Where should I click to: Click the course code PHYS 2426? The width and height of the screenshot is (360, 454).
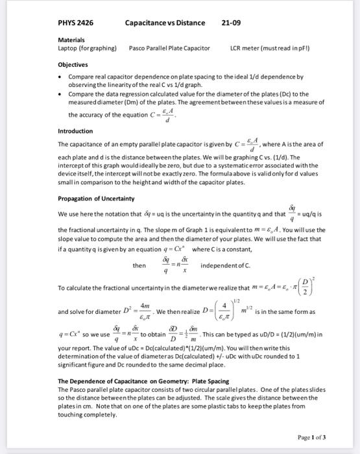click(x=75, y=23)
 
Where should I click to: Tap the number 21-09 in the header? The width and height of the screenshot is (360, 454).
click(x=231, y=23)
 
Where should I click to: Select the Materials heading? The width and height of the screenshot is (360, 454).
click(x=71, y=40)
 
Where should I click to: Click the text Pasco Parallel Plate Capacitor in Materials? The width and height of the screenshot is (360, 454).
click(x=169, y=48)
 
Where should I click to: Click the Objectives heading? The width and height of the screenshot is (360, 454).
click(x=73, y=66)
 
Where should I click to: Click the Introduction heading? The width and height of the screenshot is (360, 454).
click(x=75, y=131)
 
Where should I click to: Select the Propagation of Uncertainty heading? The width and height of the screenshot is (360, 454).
click(x=96, y=198)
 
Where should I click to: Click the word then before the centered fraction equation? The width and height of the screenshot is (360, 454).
click(x=139, y=266)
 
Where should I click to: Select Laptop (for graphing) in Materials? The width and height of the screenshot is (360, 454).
click(x=88, y=48)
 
